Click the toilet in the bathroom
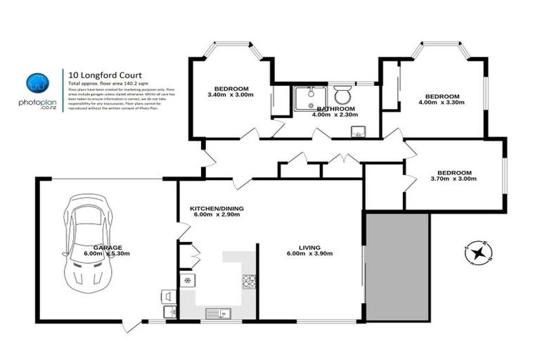click(343, 96)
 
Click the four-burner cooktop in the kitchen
click(250, 281)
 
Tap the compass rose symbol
click(479, 252)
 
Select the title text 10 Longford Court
click(94, 72)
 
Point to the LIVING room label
click(309, 248)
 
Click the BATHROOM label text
click(335, 109)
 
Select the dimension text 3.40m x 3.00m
click(231, 95)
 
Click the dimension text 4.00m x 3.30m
click(442, 103)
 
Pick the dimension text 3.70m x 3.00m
click(454, 179)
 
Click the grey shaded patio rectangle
click(397, 266)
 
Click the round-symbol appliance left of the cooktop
click(188, 281)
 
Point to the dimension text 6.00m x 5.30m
click(108, 254)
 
